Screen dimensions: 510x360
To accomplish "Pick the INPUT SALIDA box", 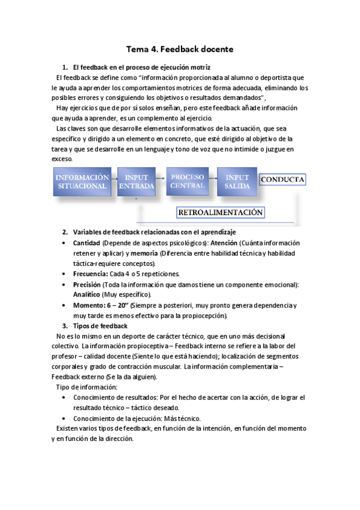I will coord(237,181).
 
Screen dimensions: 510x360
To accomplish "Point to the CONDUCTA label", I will coord(282,179).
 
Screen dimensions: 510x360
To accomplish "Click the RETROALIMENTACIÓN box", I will coord(220,212).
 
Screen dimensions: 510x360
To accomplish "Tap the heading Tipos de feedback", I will coord(100,326).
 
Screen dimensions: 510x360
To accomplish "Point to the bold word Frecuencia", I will coord(90,274).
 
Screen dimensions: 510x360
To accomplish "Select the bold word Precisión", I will coord(87,284).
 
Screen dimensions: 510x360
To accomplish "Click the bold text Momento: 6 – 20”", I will coord(99,306).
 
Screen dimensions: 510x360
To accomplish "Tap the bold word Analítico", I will coord(87,295).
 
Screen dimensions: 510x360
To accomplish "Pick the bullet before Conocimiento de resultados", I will coord(65,398).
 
